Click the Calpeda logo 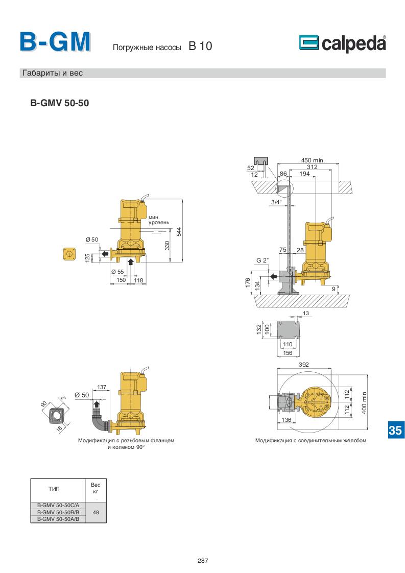tap(343, 43)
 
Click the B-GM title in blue tap(55, 42)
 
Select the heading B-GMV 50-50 tap(60, 103)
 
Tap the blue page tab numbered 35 tap(395, 430)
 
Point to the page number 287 tap(202, 561)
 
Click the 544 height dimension tap(179, 232)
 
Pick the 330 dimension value tap(167, 245)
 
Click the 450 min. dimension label tap(313, 160)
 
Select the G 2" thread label tap(262, 260)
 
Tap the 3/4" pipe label tap(276, 202)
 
